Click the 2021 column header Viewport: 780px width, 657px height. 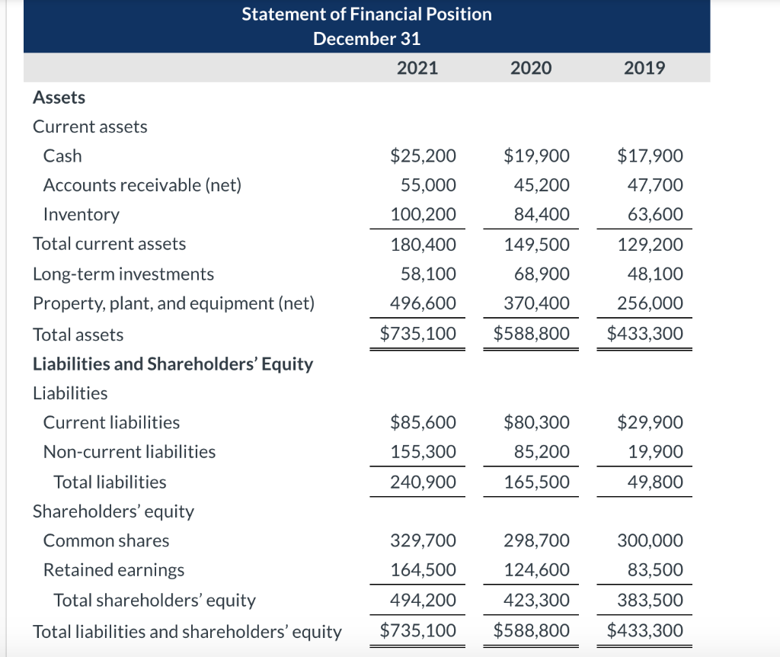417,68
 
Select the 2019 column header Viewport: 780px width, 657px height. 644,68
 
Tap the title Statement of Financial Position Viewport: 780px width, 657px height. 366,14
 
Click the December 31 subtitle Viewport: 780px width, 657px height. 366,39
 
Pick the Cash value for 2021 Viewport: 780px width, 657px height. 423,156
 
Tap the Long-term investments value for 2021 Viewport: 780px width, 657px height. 429,274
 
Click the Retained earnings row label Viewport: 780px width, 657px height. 113,570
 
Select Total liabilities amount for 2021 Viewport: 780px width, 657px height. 423,482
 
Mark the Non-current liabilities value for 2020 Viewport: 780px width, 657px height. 542,452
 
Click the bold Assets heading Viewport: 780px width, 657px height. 59,98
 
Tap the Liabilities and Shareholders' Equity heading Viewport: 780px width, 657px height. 173,364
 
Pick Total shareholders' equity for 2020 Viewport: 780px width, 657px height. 536,601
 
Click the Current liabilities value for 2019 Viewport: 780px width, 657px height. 650,422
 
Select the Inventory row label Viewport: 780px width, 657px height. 81,215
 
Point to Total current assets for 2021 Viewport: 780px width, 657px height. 423,245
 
